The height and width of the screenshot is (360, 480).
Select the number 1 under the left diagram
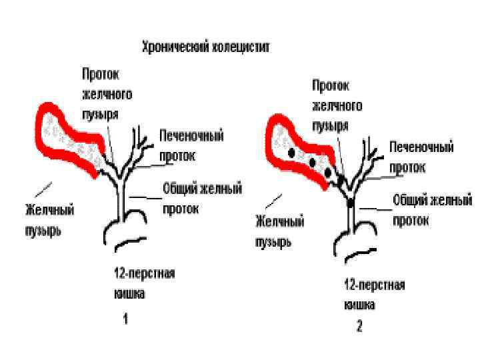coord(125,319)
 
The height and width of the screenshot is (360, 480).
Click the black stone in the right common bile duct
coord(351,201)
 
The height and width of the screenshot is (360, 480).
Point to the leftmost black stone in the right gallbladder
coord(291,153)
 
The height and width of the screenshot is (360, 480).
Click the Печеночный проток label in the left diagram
coord(191,145)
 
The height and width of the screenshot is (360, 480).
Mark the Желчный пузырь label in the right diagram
coord(279,230)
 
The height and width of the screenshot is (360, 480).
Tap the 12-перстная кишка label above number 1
coord(143,283)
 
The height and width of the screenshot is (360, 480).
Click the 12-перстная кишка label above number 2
coord(374,294)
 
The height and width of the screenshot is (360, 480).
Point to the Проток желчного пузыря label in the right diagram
coord(337,105)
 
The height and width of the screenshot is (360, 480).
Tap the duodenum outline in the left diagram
coord(127,240)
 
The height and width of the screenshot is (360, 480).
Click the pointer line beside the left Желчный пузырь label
coord(43,187)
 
